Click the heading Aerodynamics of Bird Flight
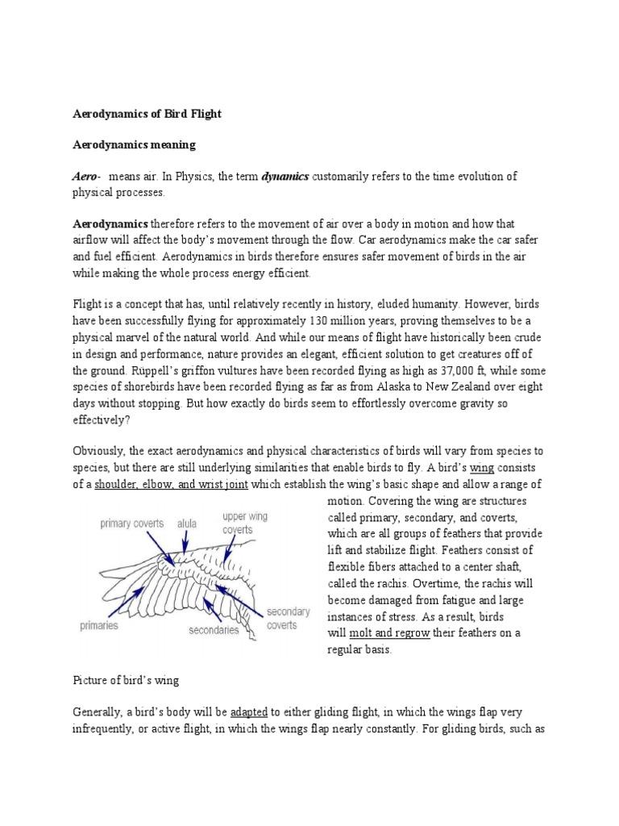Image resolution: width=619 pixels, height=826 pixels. [x=147, y=115]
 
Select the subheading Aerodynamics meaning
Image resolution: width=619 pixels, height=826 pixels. [x=135, y=145]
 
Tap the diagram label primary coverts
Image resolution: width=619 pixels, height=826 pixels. [x=132, y=523]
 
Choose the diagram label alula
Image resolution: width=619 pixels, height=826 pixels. [x=187, y=523]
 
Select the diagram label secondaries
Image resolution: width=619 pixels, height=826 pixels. [x=213, y=629]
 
